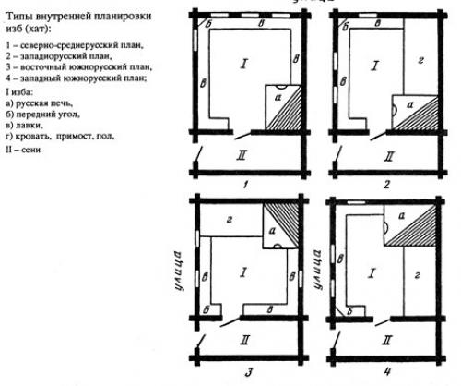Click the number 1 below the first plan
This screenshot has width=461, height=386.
click(x=247, y=185)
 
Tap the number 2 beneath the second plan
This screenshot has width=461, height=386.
click(x=387, y=185)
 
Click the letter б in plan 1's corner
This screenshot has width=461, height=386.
click(x=208, y=22)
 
